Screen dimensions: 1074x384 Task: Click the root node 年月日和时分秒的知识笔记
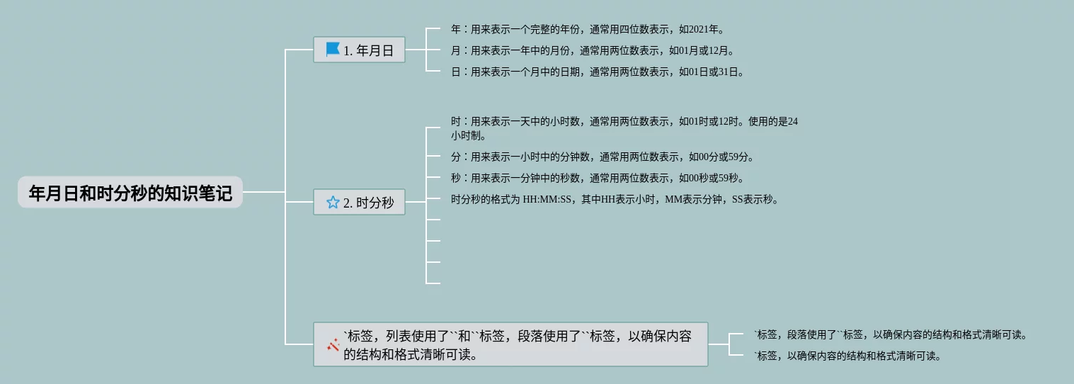click(130, 193)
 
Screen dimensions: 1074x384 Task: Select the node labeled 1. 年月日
click(359, 50)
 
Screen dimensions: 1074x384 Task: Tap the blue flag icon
click(332, 50)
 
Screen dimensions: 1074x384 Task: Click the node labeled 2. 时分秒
click(359, 203)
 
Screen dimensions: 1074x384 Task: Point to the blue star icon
click(333, 203)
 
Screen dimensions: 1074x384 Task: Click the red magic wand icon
click(333, 345)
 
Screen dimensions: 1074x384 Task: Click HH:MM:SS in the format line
click(547, 200)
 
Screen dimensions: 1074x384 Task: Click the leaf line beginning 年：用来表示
click(587, 30)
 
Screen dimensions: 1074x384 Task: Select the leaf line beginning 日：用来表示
click(597, 72)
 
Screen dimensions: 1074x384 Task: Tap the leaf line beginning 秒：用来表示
click(597, 179)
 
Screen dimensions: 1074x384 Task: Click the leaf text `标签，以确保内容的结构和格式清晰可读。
click(847, 356)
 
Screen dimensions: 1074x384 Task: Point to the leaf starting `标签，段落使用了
click(890, 335)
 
